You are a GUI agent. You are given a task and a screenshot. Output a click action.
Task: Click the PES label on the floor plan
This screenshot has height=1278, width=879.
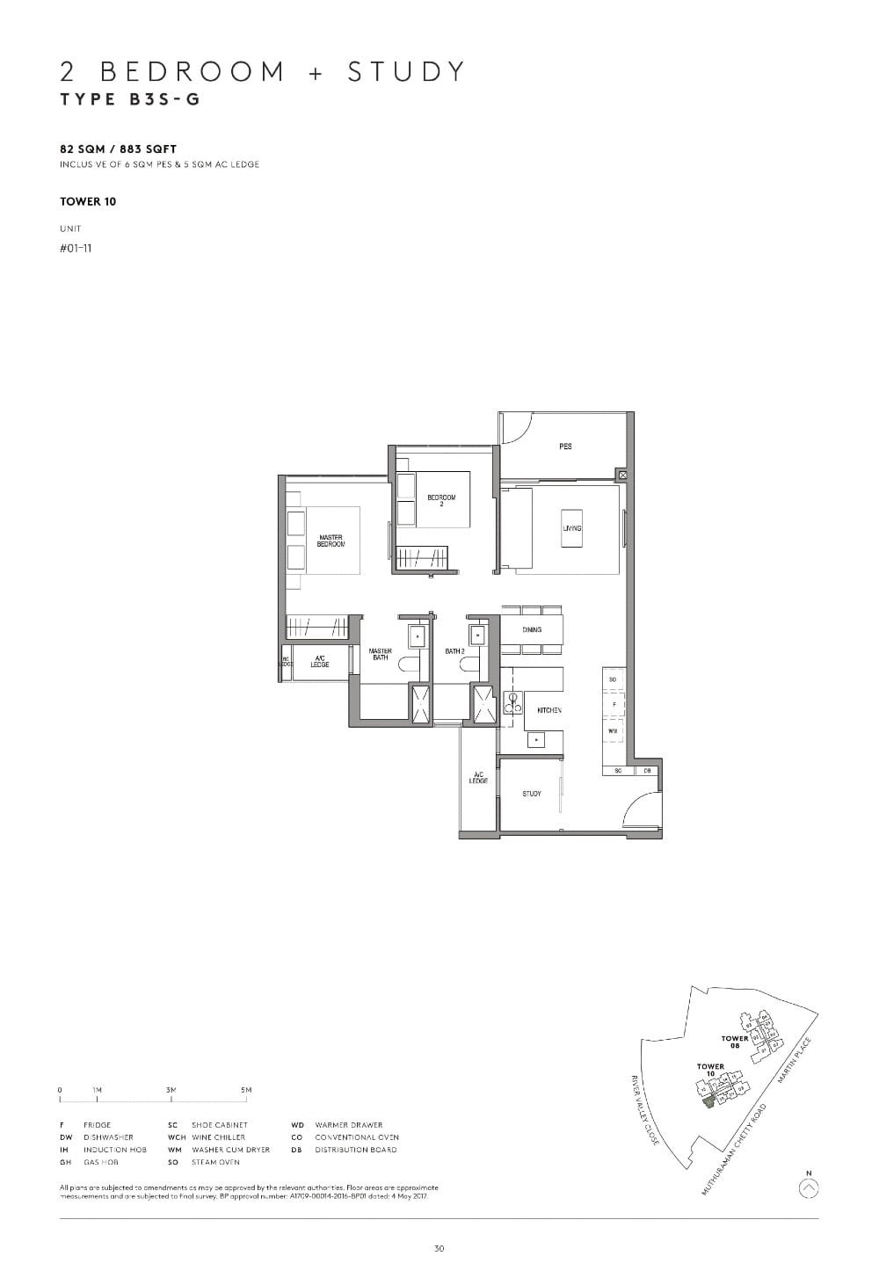click(565, 447)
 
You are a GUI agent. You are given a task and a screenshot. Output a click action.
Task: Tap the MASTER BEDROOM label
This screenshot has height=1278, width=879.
click(331, 541)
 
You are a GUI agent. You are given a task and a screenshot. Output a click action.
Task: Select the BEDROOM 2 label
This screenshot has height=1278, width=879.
click(441, 501)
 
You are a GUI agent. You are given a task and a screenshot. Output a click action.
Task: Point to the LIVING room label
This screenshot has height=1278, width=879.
click(572, 528)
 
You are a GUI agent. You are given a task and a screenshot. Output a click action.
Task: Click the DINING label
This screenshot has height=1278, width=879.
click(532, 630)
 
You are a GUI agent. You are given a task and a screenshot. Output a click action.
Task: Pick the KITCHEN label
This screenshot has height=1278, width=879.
click(549, 710)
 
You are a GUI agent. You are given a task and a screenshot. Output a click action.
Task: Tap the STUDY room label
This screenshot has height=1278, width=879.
click(532, 794)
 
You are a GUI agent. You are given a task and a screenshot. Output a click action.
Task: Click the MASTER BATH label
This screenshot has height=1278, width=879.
click(380, 655)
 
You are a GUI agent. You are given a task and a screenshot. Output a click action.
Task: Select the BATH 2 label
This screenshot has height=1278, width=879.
click(454, 651)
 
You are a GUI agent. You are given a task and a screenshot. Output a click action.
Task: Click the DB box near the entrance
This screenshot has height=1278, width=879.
click(647, 771)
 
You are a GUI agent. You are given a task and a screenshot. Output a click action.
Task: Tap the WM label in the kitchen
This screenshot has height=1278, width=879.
click(612, 730)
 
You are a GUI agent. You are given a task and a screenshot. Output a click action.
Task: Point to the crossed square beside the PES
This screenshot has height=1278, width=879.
click(623, 475)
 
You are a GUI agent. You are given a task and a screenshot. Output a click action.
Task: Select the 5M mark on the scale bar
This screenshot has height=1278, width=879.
click(246, 1090)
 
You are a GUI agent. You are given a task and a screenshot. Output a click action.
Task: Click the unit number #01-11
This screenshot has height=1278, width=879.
click(76, 248)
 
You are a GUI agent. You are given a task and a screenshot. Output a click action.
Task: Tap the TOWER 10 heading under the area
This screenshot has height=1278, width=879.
click(88, 201)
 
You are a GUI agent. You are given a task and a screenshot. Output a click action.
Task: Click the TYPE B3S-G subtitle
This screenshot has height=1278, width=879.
click(130, 99)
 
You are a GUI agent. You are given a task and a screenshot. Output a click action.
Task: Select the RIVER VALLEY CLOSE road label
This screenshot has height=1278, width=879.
click(646, 1109)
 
